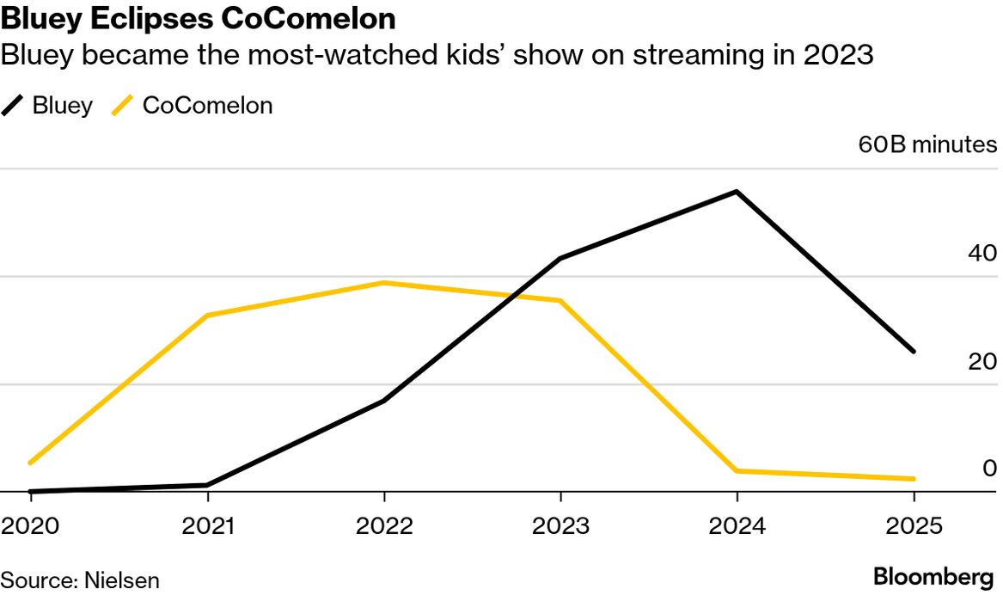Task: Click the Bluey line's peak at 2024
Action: [x=737, y=192]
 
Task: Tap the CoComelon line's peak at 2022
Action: [x=384, y=283]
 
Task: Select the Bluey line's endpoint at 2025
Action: [x=913, y=352]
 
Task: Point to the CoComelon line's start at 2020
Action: [x=31, y=463]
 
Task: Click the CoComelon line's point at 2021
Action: [x=207, y=316]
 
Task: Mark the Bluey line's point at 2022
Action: [x=384, y=401]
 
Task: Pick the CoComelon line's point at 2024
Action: [x=737, y=470]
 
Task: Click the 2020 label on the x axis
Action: [x=30, y=526]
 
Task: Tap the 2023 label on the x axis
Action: [x=560, y=526]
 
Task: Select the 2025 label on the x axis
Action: [x=913, y=526]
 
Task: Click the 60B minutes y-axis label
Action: [x=927, y=144]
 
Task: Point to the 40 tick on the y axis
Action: [x=982, y=254]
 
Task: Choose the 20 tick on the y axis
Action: [x=982, y=361]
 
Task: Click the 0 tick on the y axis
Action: [x=989, y=469]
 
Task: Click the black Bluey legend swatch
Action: [x=14, y=107]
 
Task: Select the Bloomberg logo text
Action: [x=933, y=576]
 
